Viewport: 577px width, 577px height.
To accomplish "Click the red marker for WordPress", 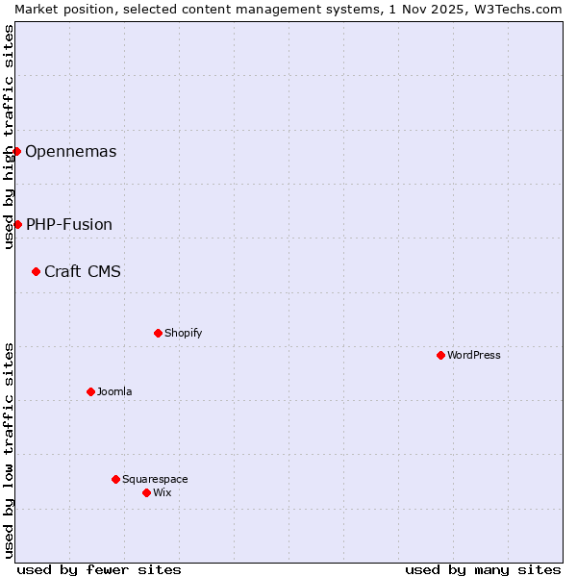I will pos(440,355).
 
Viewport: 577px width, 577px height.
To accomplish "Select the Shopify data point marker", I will pos(158,333).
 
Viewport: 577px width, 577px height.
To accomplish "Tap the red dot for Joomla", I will pos(90,391).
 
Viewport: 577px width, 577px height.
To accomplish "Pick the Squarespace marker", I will pos(115,479).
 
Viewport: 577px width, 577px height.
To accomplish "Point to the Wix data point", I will pos(146,492).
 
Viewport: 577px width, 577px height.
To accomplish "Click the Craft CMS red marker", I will pos(36,271).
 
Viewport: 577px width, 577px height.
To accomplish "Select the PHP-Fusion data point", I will pos(17,224).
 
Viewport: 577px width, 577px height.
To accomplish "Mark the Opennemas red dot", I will pos(16,151).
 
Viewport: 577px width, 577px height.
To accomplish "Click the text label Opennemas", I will pos(70,151).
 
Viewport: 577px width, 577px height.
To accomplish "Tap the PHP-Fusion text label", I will pos(68,224).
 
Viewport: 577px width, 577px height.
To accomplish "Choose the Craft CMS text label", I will pos(83,271).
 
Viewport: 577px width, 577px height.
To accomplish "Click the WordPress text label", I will pos(474,355).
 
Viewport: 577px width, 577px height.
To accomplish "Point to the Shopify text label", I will pos(183,333).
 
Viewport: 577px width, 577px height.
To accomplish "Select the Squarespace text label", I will pos(155,479).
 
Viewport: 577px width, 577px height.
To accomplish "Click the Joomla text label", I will pos(114,391).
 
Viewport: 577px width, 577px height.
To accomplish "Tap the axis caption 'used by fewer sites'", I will pos(99,569).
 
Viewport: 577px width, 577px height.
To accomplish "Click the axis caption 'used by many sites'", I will pos(483,569).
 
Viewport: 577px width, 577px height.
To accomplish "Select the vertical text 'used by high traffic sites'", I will pos(9,137).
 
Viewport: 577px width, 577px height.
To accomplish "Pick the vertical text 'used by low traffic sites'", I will pos(9,449).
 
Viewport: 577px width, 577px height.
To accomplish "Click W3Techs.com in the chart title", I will pos(516,8).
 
